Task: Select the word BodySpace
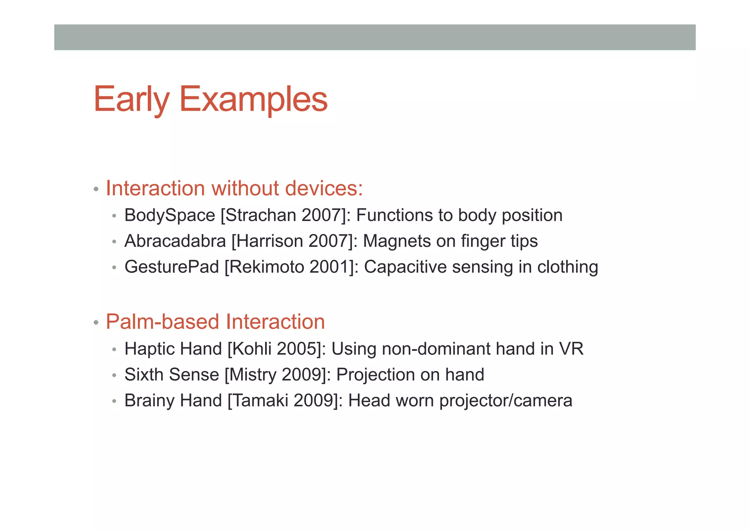170,215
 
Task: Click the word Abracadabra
175,241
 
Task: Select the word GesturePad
171,267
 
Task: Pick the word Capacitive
405,267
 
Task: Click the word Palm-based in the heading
162,322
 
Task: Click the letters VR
571,349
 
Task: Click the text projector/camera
505,401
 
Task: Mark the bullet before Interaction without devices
96,189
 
